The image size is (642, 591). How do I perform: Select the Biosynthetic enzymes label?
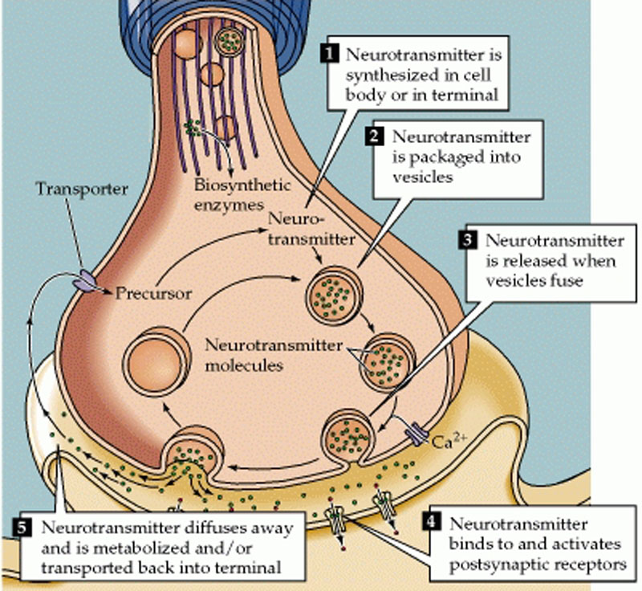click(231, 192)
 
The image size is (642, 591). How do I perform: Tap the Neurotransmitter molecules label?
click(258, 356)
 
